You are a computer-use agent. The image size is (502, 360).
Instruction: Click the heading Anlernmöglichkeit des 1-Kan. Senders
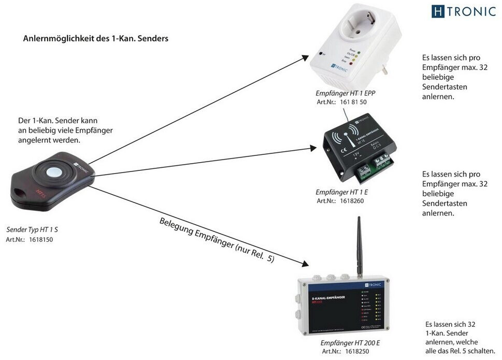[95, 39]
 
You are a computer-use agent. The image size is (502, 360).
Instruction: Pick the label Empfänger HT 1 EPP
[345, 93]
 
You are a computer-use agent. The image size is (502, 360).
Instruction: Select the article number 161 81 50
[353, 102]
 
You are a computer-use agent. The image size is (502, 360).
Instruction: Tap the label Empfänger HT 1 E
[341, 192]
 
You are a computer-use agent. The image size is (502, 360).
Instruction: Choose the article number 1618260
[352, 201]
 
